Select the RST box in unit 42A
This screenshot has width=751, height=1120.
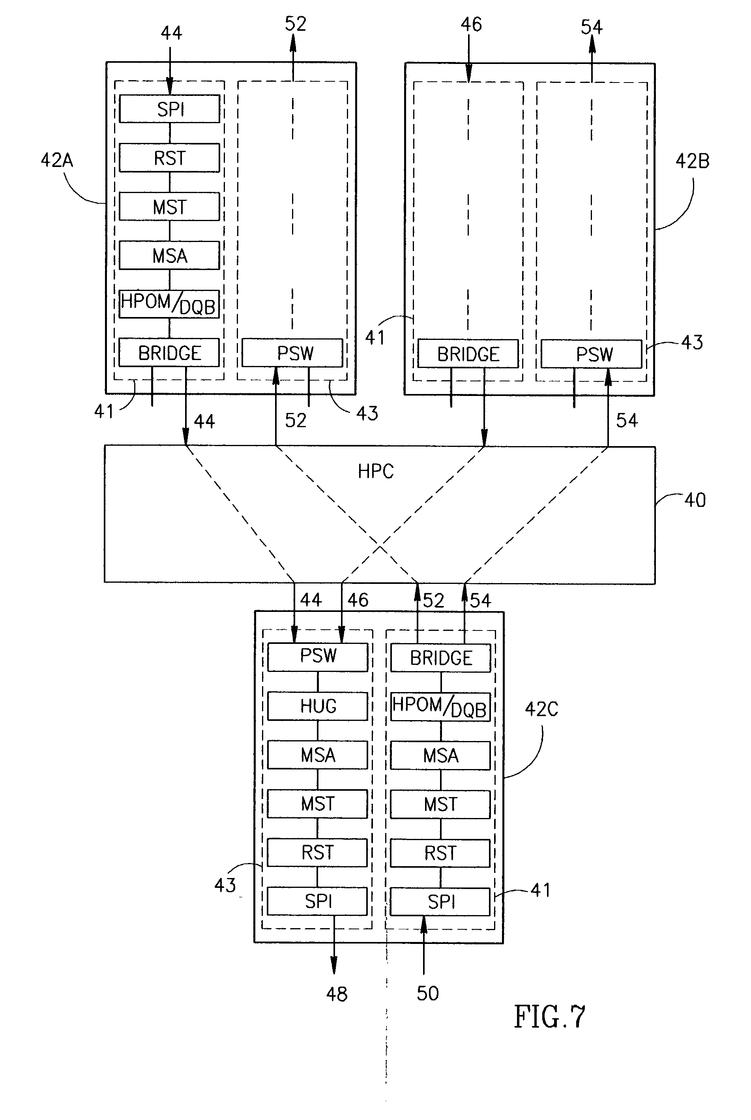coord(170,158)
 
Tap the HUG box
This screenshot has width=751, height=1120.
coord(318,706)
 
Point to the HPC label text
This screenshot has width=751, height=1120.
coord(376,471)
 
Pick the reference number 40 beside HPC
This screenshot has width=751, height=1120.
coord(695,500)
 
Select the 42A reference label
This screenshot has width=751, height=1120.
coord(57,160)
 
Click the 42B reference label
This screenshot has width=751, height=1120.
coord(692,161)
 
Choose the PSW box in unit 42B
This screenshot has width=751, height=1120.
coord(592,354)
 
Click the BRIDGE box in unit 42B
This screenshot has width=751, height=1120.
coord(468,354)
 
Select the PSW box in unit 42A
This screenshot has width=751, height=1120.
coord(293,353)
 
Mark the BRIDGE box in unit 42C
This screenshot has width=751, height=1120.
coord(441,658)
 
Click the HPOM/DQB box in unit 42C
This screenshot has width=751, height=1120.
coord(440,707)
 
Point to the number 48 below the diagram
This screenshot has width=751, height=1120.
coord(336,994)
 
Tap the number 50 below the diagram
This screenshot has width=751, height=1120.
coord(427,994)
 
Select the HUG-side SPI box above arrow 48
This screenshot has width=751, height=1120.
coord(318,902)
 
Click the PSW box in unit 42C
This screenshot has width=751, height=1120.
coord(318,656)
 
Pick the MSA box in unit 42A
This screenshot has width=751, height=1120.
coord(170,256)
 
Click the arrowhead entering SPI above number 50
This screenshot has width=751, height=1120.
coord(424,923)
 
